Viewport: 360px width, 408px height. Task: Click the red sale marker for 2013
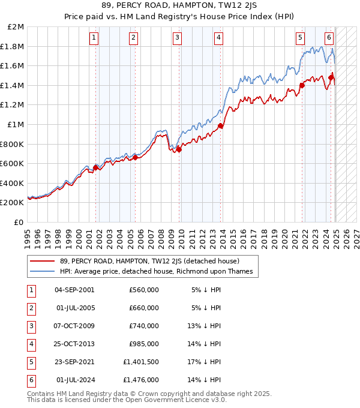pos(221,126)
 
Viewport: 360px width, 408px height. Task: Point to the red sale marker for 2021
pos(302,85)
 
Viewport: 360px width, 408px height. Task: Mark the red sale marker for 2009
pos(179,149)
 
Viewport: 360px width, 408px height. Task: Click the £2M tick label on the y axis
pos(16,27)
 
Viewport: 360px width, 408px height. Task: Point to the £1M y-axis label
pos(16,125)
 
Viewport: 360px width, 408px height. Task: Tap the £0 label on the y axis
pos(19,222)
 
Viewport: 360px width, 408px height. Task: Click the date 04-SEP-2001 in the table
pos(74,289)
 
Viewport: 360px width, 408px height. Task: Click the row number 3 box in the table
pos(31,326)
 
